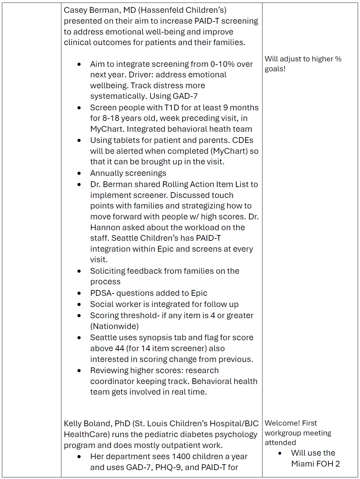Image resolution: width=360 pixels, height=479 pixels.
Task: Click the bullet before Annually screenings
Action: tap(79, 173)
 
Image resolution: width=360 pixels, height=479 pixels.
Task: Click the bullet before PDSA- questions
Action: tap(79, 293)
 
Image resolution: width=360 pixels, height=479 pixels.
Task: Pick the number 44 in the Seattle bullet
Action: tap(120, 349)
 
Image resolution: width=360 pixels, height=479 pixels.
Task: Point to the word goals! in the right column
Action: tap(275, 69)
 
